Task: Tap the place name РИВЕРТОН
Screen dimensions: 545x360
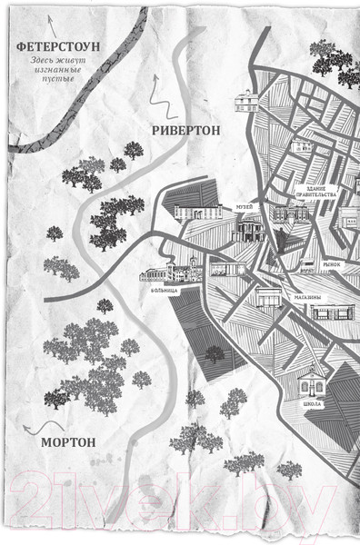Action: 186,130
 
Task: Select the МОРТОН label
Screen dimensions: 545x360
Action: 69,442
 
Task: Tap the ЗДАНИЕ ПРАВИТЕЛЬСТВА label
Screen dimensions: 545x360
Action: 316,194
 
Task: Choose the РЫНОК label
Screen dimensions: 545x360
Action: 331,264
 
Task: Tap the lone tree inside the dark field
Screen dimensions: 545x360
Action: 214,352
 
